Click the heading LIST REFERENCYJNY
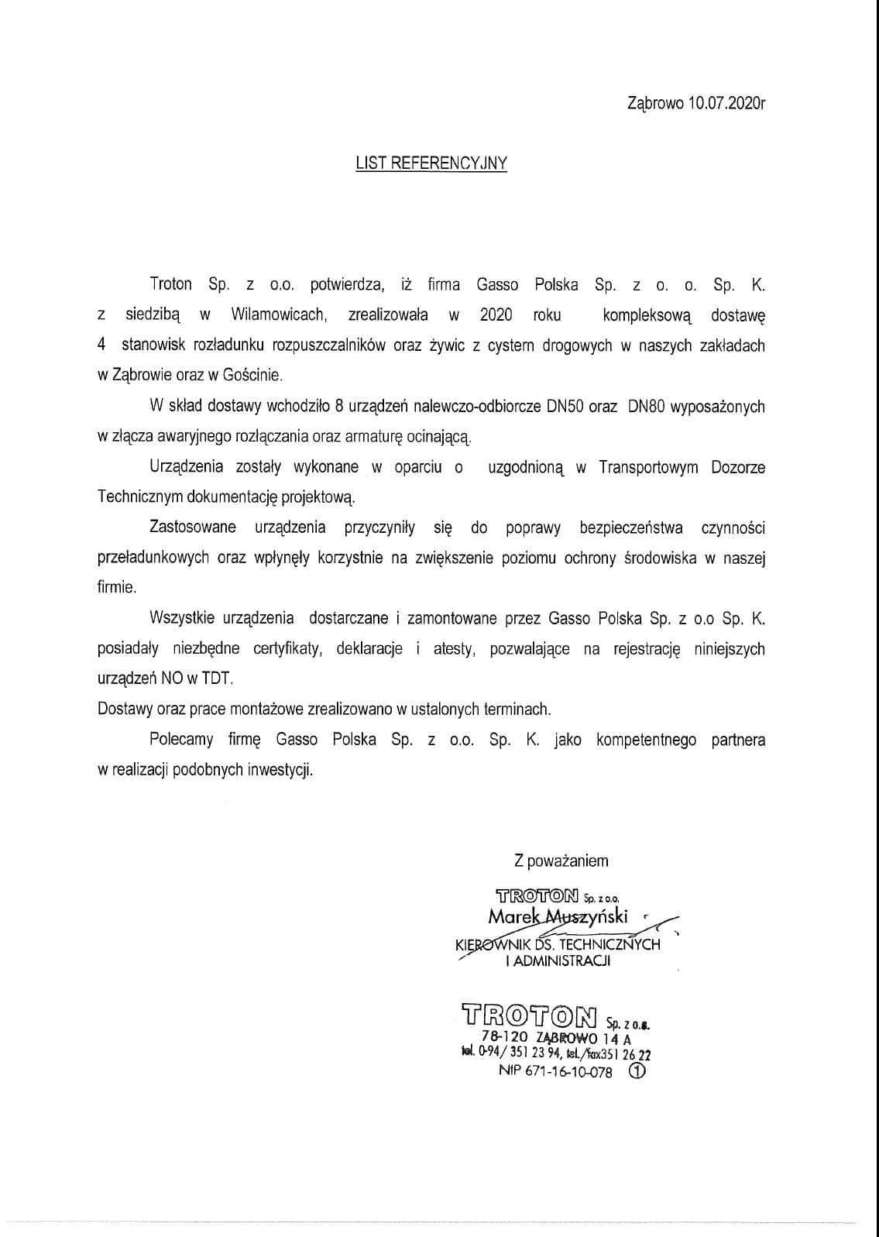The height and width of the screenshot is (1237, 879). pyautogui.click(x=431, y=163)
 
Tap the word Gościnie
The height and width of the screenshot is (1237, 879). pyautogui.click(x=254, y=375)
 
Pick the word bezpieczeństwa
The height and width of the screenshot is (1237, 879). pyautogui.click(x=631, y=527)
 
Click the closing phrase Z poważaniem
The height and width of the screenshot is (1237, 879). pyautogui.click(x=561, y=861)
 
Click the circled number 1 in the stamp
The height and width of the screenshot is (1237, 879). pyautogui.click(x=637, y=1071)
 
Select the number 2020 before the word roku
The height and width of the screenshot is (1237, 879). pyautogui.click(x=496, y=314)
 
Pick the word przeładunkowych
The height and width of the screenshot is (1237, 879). pyautogui.click(x=153, y=558)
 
